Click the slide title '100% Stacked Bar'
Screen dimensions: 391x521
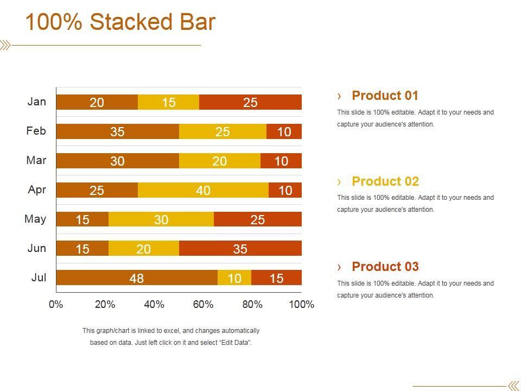click(x=120, y=23)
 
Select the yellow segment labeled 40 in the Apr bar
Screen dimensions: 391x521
click(x=203, y=190)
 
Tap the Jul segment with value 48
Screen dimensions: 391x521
click(x=137, y=278)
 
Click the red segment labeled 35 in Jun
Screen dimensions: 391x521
click(x=240, y=249)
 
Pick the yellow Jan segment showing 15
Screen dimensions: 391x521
click(x=169, y=102)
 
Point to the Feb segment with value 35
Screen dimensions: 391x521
click(x=117, y=131)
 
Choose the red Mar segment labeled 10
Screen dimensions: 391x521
click(x=281, y=161)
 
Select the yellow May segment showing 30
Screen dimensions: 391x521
click(x=161, y=219)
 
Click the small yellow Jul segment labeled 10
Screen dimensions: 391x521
click(x=234, y=278)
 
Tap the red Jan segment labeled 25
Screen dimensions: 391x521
click(x=250, y=102)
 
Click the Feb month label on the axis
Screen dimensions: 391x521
click(x=36, y=131)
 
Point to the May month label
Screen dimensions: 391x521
click(x=35, y=219)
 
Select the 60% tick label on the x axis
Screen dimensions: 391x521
click(x=203, y=304)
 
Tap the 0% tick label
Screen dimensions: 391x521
click(x=56, y=304)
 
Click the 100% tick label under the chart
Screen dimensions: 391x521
click(x=301, y=304)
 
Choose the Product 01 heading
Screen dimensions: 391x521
click(x=385, y=96)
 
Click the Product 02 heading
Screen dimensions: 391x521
click(x=385, y=181)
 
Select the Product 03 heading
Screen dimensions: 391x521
click(x=385, y=267)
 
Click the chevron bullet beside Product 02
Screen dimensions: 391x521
click(x=340, y=181)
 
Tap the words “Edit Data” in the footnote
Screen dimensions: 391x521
click(x=234, y=343)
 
